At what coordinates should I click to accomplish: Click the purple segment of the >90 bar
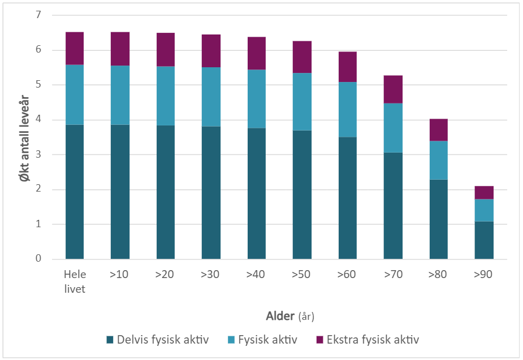click(x=484, y=192)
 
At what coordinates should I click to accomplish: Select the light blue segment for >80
click(x=438, y=160)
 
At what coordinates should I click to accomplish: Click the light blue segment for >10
click(x=120, y=95)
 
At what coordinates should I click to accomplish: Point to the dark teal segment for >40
click(x=257, y=193)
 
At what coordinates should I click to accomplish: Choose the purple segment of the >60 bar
click(x=348, y=67)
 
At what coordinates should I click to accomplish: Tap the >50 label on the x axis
click(x=302, y=275)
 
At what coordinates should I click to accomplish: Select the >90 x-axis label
click(x=484, y=275)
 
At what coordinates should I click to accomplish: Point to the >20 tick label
click(x=165, y=275)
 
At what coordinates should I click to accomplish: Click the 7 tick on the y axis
click(x=39, y=15)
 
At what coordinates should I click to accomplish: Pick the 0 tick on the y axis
click(x=39, y=259)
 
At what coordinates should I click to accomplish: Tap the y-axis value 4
click(x=39, y=120)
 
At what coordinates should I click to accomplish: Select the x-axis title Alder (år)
click(x=294, y=315)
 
